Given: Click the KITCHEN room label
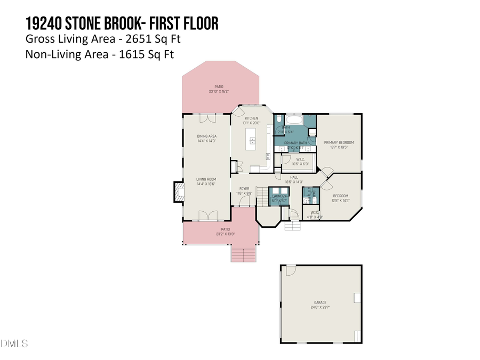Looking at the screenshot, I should point(251,118).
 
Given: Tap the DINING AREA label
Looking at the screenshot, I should point(206,137).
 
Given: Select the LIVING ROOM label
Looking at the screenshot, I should point(206,179).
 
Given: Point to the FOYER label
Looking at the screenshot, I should point(244,189).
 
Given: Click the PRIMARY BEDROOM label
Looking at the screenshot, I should point(339,142).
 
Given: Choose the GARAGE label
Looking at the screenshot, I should point(320,303).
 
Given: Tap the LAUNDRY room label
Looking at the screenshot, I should point(279,196).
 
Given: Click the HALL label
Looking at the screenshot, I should point(294,178).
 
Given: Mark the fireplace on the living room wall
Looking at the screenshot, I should point(178,193).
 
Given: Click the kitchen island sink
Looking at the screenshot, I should point(252,141).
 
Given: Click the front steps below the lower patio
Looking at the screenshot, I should point(244,253).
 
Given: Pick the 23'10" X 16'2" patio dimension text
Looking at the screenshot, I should point(219,91).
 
